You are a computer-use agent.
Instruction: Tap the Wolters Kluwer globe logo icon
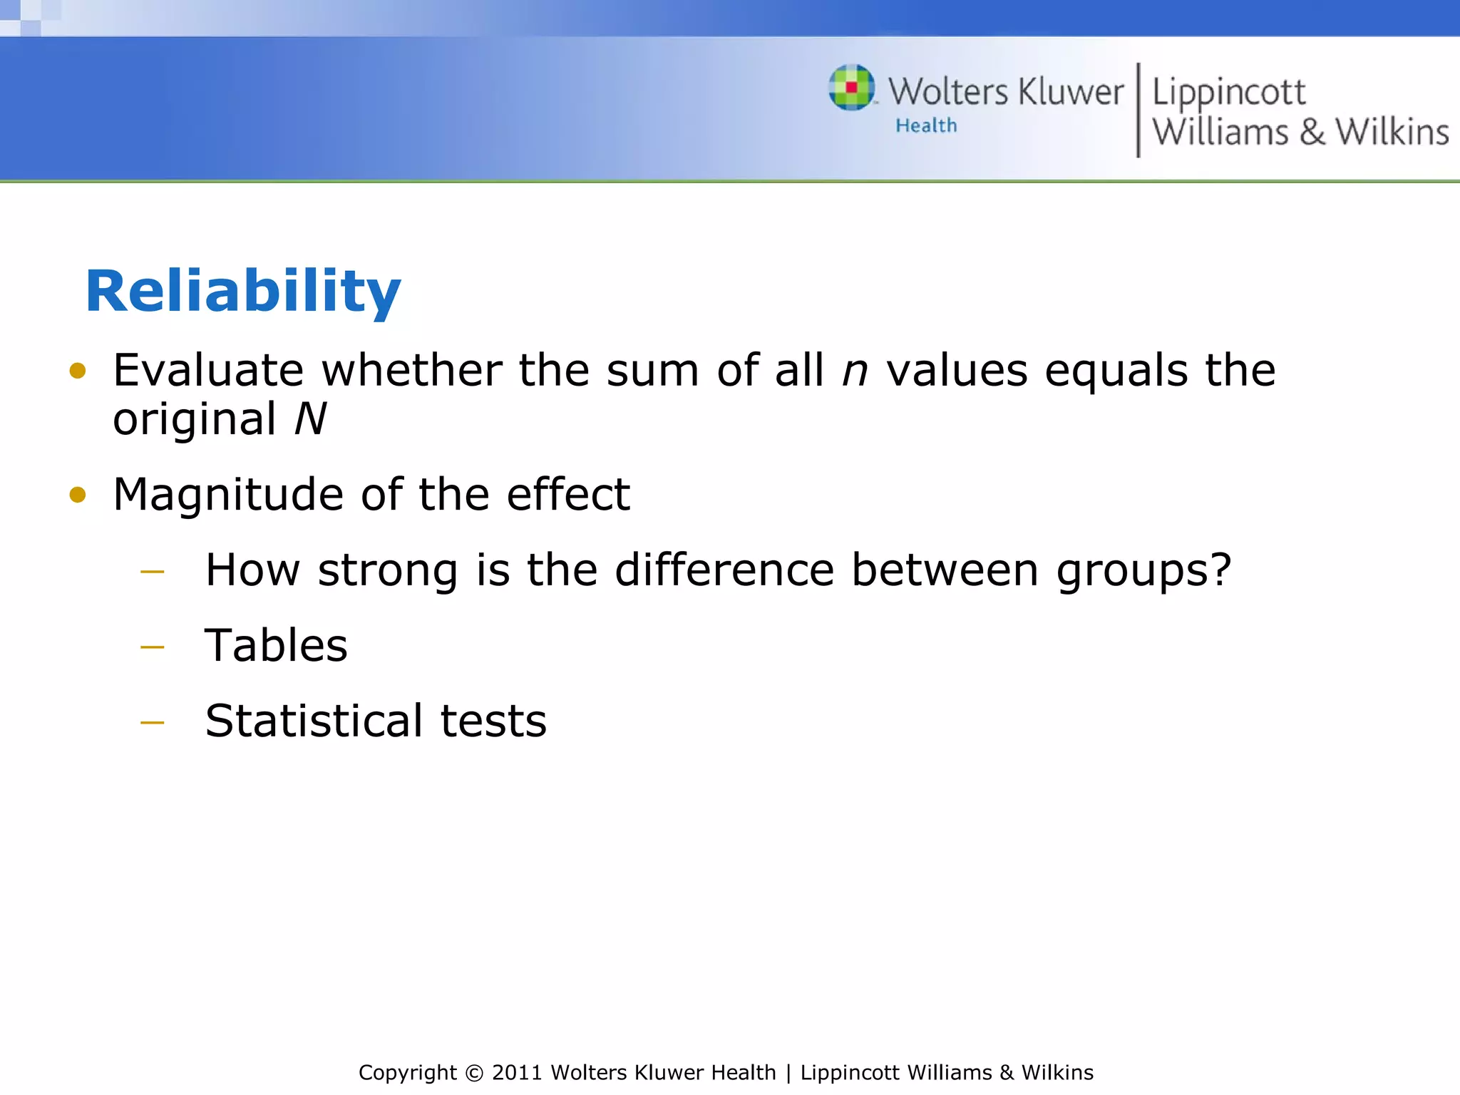click(x=851, y=88)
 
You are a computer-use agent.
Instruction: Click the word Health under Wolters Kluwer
click(x=926, y=126)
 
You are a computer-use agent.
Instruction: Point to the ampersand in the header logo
click(x=1312, y=133)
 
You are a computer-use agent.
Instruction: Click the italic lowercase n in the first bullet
click(x=855, y=371)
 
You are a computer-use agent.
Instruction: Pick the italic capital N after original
click(x=311, y=419)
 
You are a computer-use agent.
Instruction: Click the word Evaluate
click(x=208, y=371)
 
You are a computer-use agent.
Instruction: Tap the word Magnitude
click(x=228, y=495)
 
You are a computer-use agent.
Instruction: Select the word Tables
click(x=276, y=646)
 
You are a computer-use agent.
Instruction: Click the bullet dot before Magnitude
click(x=78, y=495)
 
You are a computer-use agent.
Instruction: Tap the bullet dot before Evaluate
click(x=78, y=371)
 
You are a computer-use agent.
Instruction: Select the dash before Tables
click(x=153, y=647)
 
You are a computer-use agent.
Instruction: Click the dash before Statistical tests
click(x=153, y=723)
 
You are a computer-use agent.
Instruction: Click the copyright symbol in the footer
click(x=473, y=1073)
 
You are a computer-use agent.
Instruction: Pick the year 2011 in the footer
click(x=518, y=1073)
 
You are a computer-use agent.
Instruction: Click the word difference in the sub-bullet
click(x=724, y=570)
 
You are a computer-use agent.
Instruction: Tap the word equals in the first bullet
click(x=1116, y=372)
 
